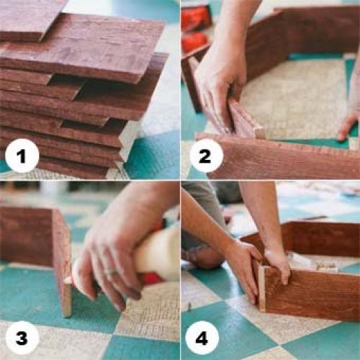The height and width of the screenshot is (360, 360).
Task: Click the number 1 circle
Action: pyautogui.click(x=22, y=156)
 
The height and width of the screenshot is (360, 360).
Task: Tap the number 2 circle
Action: pyautogui.click(x=206, y=156)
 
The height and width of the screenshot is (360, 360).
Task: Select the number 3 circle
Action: pyautogui.click(x=22, y=338)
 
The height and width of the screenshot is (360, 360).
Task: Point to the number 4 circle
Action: pyautogui.click(x=202, y=338)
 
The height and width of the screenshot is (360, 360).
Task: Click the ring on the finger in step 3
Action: pyautogui.click(x=111, y=271)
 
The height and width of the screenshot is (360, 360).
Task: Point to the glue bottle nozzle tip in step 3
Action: pyautogui.click(x=68, y=280)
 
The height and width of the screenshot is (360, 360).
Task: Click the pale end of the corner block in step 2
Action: pyautogui.click(x=261, y=132)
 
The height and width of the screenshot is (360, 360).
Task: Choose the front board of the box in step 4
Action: pyautogui.click(x=312, y=294)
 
